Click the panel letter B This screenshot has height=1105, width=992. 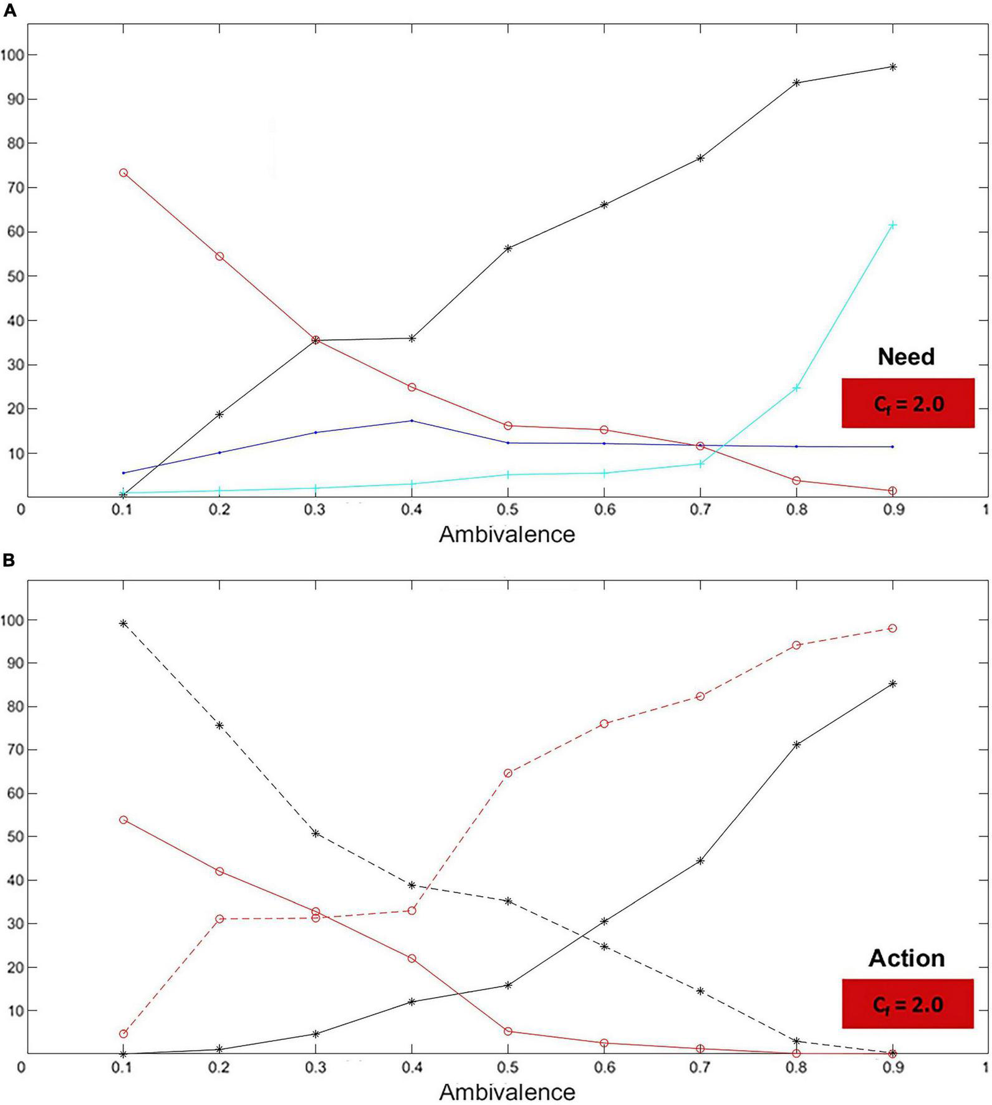click(9, 561)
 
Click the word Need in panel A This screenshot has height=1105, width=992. click(906, 357)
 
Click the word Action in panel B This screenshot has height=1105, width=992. click(907, 958)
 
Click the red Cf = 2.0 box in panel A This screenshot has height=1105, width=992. click(908, 403)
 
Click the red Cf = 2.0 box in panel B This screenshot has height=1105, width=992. click(907, 1005)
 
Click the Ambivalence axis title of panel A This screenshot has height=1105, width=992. click(506, 534)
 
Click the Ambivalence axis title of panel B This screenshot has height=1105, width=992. click(506, 1091)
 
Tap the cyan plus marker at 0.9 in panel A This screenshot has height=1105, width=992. click(892, 224)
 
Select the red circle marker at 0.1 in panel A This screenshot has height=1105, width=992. click(123, 173)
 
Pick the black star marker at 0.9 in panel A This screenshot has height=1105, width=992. click(892, 67)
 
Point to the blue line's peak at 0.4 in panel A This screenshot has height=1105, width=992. click(412, 421)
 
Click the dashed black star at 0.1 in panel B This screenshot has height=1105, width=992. click(123, 624)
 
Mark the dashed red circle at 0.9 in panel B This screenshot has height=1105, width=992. click(892, 628)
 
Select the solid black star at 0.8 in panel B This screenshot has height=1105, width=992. click(796, 745)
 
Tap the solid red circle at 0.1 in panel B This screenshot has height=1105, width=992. click(123, 819)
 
